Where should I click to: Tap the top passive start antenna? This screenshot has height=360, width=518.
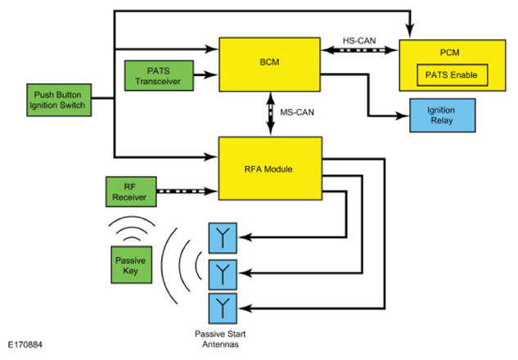pos(223,239)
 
